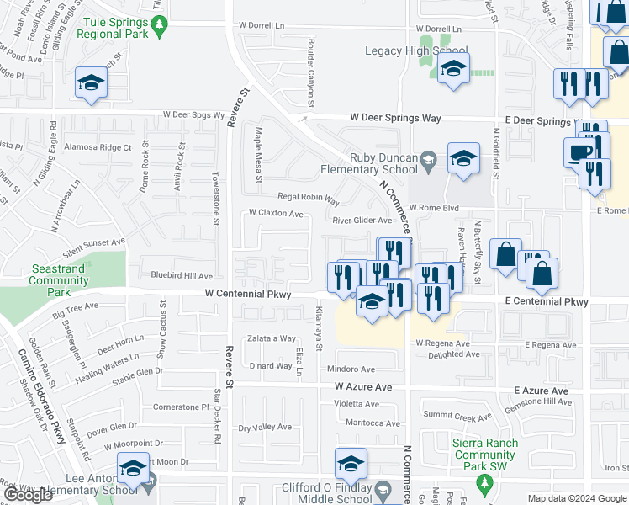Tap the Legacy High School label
point(416,51)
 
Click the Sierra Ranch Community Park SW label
point(484,455)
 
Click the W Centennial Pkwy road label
point(248,295)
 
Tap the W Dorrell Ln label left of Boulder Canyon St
point(262,26)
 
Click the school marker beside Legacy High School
point(453,70)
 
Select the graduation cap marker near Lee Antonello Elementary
point(133,467)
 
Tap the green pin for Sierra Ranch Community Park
point(484,484)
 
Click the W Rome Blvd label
point(434,208)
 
